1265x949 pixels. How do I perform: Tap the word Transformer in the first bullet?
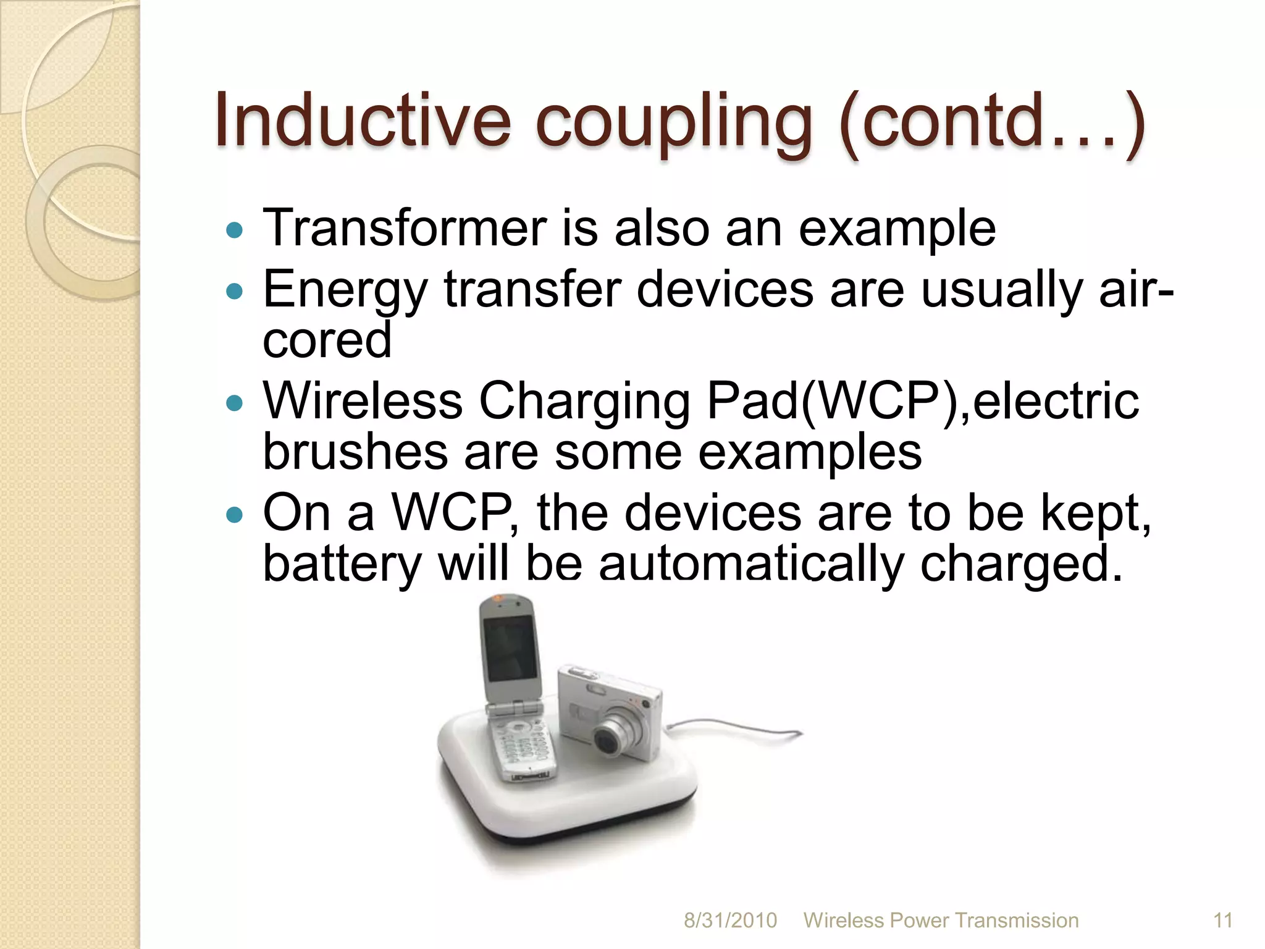(x=404, y=228)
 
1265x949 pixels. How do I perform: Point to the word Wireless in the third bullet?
(x=363, y=402)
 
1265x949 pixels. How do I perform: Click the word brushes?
(x=355, y=452)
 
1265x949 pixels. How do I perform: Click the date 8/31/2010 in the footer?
(x=730, y=920)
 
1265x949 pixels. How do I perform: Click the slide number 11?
(x=1223, y=920)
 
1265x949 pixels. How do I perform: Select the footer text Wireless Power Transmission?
(x=941, y=920)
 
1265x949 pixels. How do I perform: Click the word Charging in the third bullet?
(x=584, y=402)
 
